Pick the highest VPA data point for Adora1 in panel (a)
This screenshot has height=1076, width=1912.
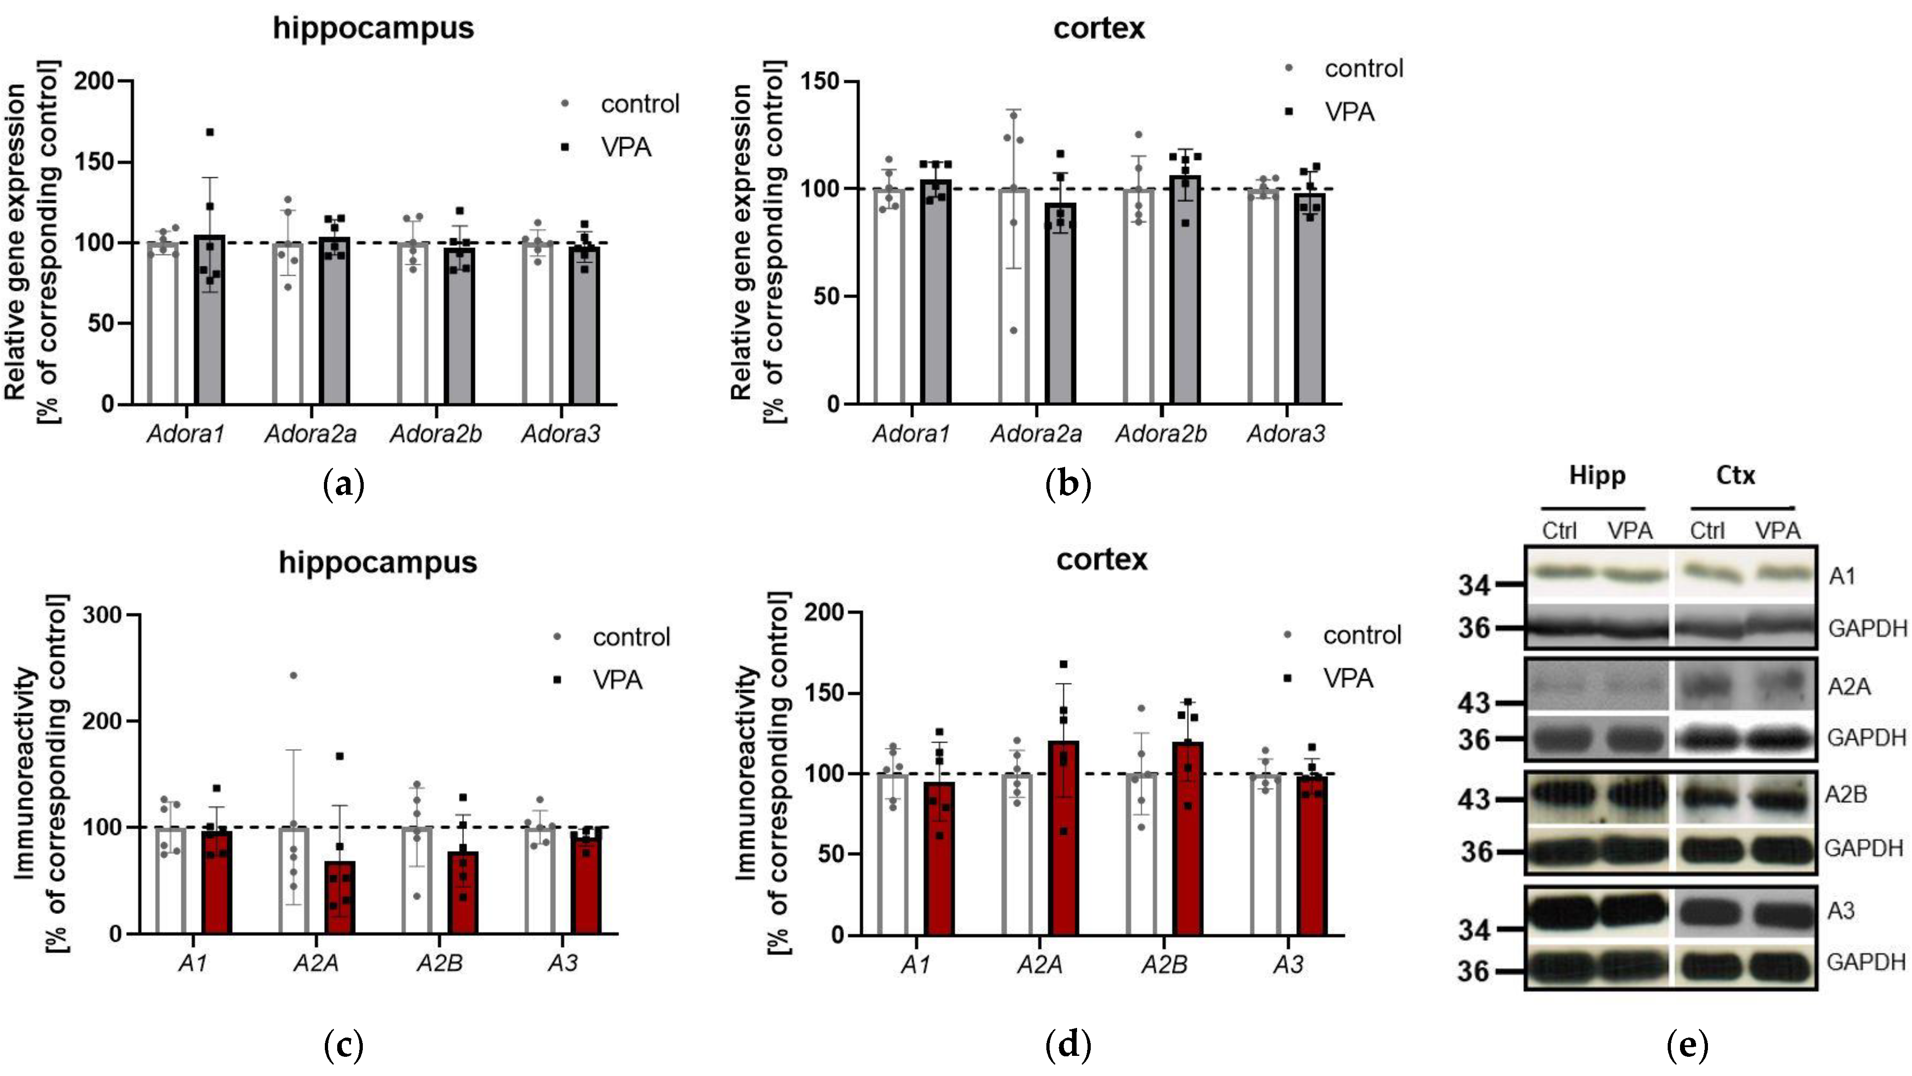(210, 132)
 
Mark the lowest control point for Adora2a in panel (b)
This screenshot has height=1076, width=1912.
(1013, 330)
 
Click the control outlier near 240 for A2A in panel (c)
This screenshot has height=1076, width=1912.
(293, 675)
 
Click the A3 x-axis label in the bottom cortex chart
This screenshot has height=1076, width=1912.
(1288, 965)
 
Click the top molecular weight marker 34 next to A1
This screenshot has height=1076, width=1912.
(1473, 586)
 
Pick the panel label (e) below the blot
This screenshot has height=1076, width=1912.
(1686, 1045)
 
